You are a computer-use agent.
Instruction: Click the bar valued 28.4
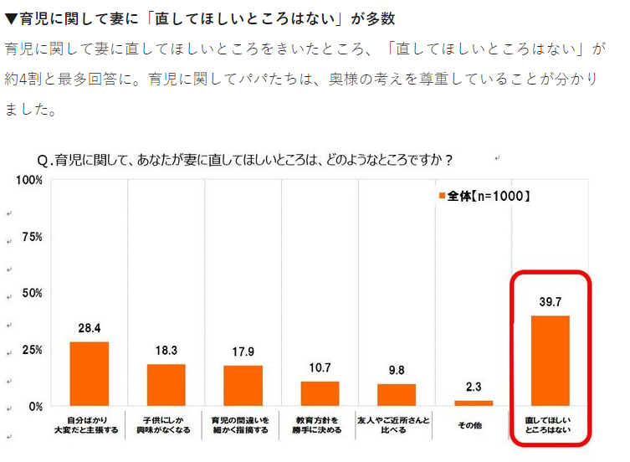[x=89, y=373]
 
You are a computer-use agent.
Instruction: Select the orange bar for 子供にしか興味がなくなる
[x=166, y=385]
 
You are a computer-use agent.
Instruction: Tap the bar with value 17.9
[x=243, y=386]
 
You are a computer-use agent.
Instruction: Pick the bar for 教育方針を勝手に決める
[x=320, y=393]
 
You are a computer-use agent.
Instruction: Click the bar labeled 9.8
[x=397, y=395]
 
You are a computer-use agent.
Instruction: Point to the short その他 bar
[x=474, y=403]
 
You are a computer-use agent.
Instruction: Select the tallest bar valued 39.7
[x=551, y=361]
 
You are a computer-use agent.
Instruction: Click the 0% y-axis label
[x=34, y=407]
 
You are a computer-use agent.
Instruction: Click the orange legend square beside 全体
[x=441, y=197]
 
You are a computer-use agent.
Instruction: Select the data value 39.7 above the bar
[x=551, y=302]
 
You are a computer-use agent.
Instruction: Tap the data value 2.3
[x=474, y=388]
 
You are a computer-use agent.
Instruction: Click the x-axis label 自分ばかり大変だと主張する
[x=89, y=424]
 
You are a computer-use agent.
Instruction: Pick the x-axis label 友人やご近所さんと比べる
[x=397, y=424]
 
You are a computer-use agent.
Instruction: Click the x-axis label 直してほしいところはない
[x=551, y=424]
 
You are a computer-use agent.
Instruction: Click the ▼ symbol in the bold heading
[x=11, y=18]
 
